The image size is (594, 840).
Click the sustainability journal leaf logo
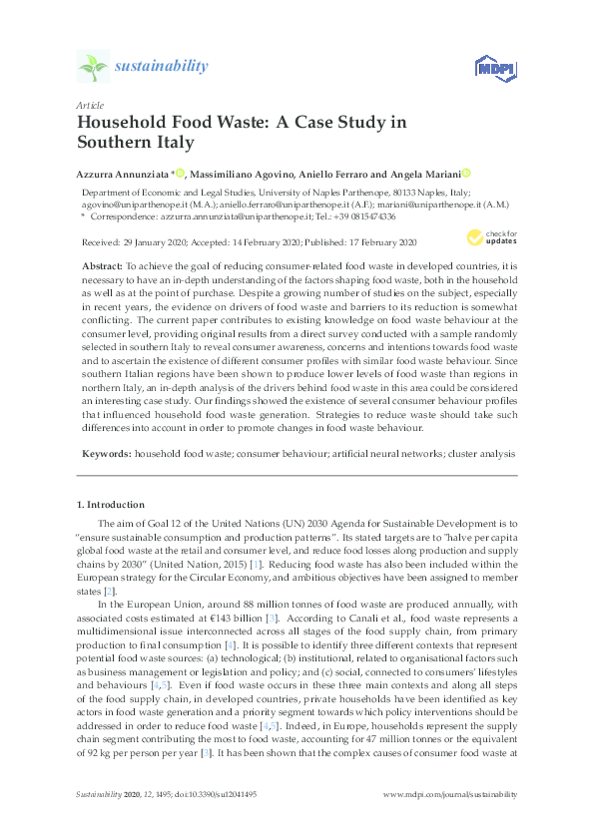pyautogui.click(x=93, y=67)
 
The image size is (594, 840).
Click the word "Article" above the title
pyautogui.click(x=88, y=104)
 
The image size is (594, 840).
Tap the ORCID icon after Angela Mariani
pyautogui.click(x=465, y=173)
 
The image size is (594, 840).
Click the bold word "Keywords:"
pyautogui.click(x=103, y=453)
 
